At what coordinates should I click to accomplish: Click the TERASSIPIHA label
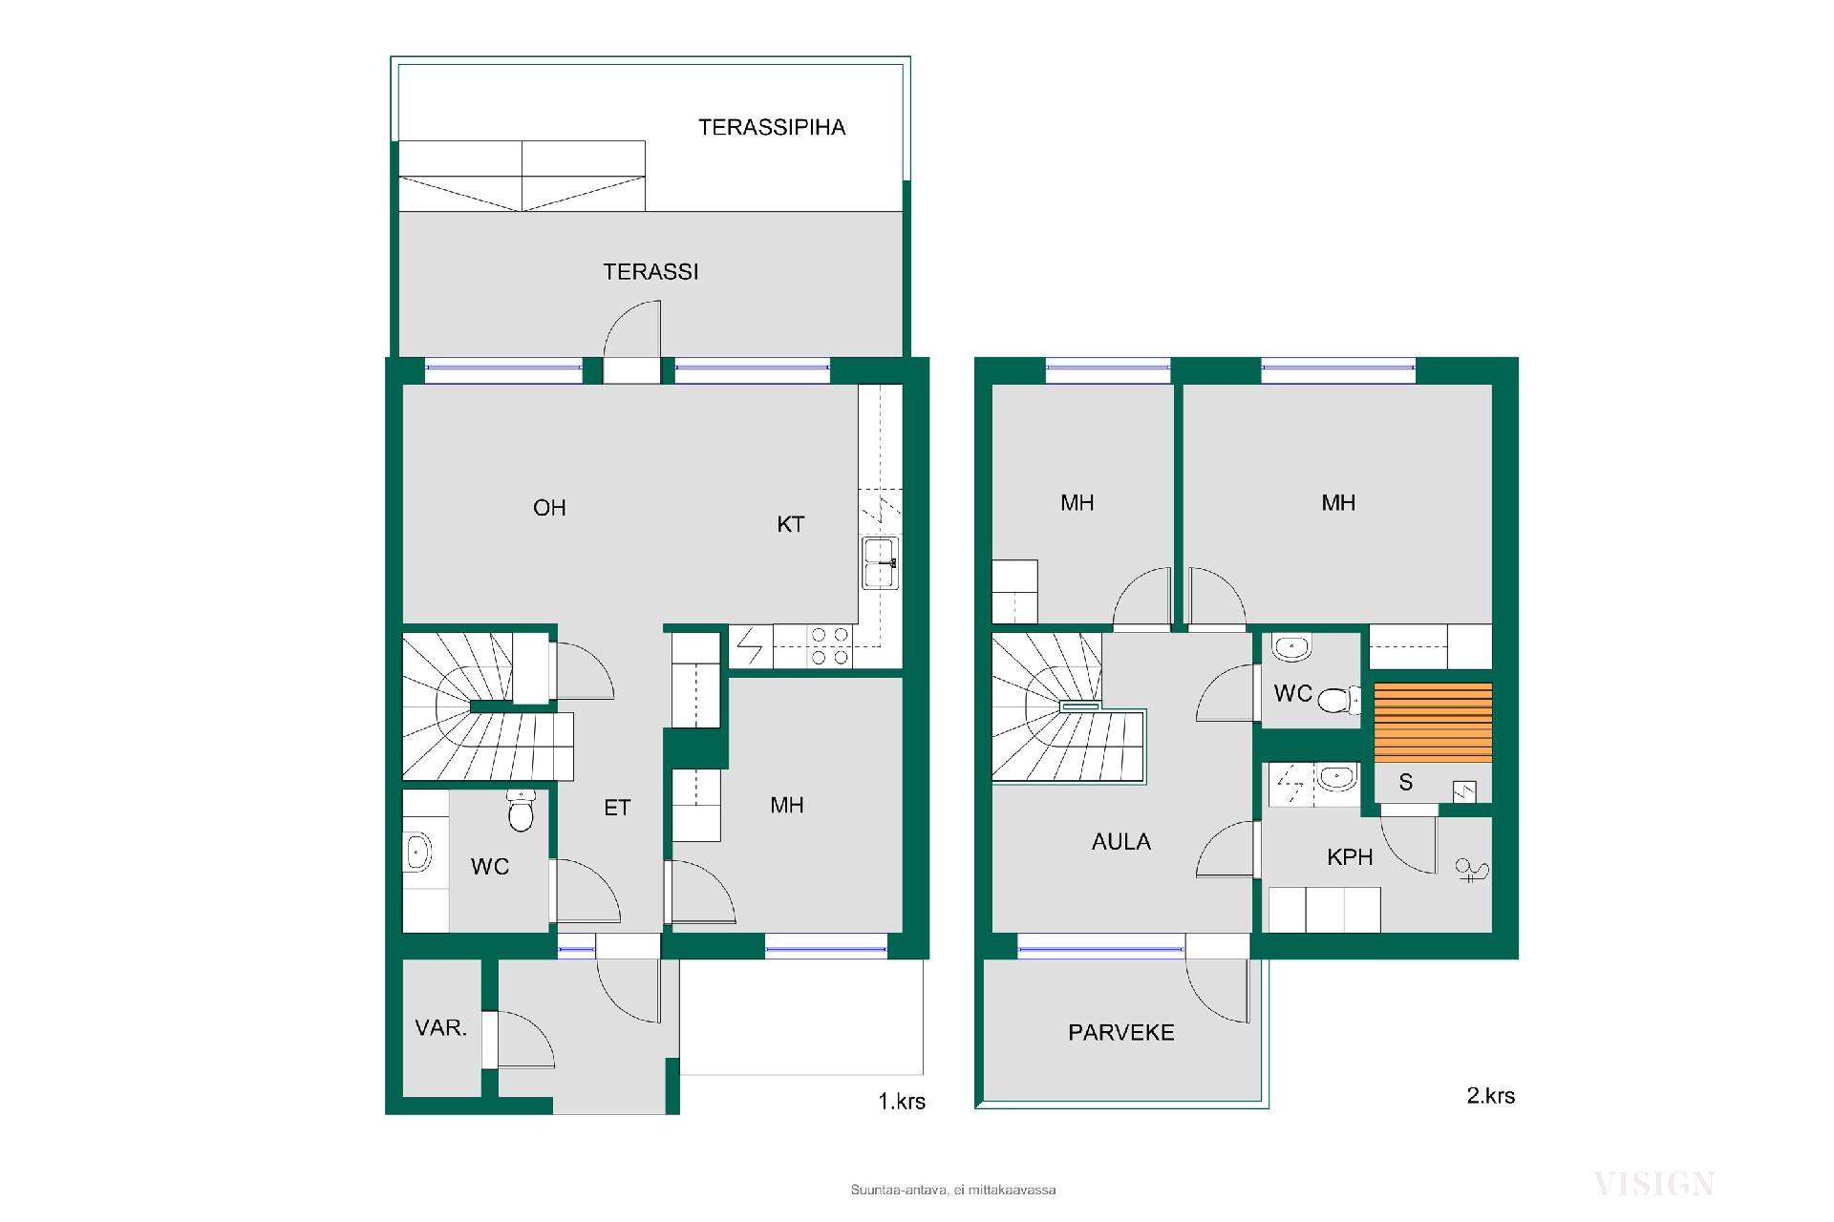tap(772, 128)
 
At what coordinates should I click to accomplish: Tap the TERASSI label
tap(650, 272)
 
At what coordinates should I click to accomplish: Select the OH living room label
tap(549, 508)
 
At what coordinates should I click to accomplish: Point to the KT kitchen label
tap(791, 524)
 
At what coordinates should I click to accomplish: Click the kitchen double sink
tap(880, 563)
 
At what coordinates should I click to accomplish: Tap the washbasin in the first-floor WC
tap(417, 853)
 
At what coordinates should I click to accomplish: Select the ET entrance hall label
tap(617, 808)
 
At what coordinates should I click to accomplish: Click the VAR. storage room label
tap(441, 1028)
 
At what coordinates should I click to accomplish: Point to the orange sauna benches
tap(1433, 723)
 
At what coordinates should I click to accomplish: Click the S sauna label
tap(1405, 783)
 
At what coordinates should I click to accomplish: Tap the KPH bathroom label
tap(1350, 857)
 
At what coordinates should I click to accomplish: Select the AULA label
tap(1121, 842)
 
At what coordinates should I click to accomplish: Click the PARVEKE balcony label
tap(1121, 1032)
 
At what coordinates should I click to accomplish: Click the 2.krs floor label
tap(1490, 1095)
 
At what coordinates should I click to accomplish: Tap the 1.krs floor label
tap(902, 1101)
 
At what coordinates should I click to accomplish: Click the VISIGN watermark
tap(1653, 1185)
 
